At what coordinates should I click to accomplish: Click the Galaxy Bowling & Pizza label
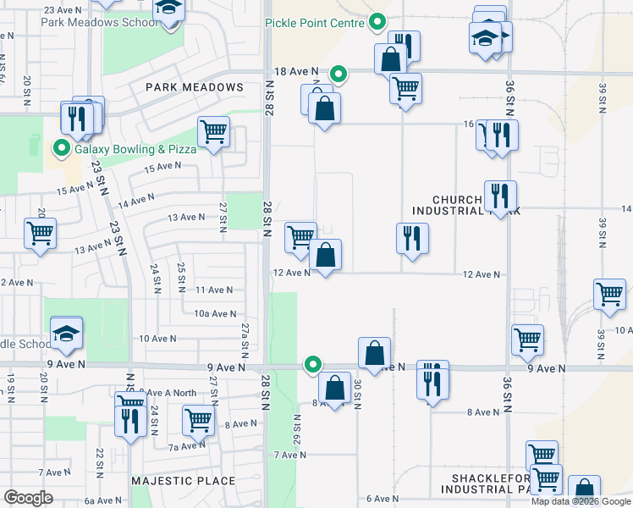pos(135,149)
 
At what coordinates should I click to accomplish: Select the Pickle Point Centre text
pos(316,23)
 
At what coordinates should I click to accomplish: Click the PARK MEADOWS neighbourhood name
pos(194,87)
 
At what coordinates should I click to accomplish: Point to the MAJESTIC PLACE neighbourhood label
pos(183,481)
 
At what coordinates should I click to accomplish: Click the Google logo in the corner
pos(28,498)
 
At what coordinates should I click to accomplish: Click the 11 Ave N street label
pos(213,290)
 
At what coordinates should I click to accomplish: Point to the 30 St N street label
pos(358,393)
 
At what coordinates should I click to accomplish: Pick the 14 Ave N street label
pos(136,201)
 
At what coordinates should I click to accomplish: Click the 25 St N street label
pos(181,278)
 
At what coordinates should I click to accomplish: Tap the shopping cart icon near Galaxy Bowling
pos(213,132)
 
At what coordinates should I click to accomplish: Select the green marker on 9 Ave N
pos(313,366)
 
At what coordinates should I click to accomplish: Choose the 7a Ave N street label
pos(186,446)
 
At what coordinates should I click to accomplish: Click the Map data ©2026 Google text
pos(581,501)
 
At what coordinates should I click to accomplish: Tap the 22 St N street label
pos(100,462)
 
